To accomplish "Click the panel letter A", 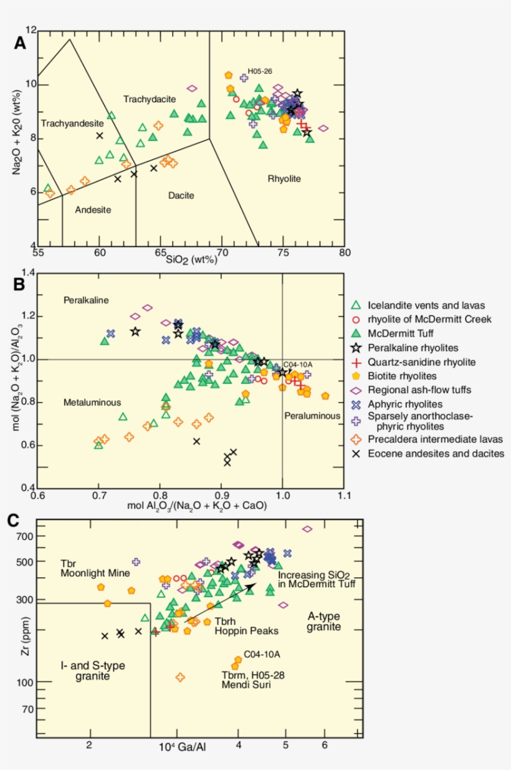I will point(21,43).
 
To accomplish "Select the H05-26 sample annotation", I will point(260,71).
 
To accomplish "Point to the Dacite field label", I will point(181,196).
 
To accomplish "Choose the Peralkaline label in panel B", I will point(87,301).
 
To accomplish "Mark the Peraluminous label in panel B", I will point(312,415).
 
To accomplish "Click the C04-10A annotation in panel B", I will point(298,365).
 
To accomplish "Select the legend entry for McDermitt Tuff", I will point(405,334).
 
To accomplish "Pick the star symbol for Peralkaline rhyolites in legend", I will point(356,348).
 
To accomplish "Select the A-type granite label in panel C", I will point(324,622).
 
